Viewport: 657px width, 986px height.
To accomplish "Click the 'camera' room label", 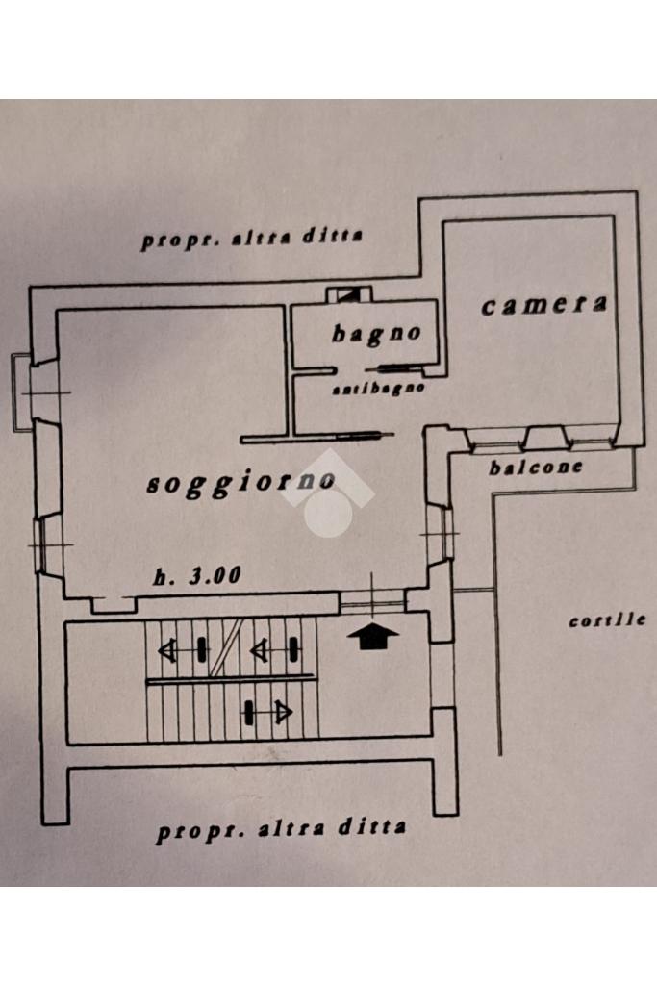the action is pyautogui.click(x=543, y=305).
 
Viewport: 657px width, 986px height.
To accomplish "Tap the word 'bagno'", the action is pyautogui.click(x=376, y=333).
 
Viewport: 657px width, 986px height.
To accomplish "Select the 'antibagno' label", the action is pyautogui.click(x=378, y=389).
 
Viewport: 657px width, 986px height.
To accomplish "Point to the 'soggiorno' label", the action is pyautogui.click(x=240, y=483).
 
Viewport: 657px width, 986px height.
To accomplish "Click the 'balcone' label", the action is pyautogui.click(x=536, y=468).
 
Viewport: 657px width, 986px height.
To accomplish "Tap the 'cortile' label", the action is pyautogui.click(x=607, y=620).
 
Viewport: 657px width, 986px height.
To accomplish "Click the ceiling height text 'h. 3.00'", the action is pyautogui.click(x=197, y=575).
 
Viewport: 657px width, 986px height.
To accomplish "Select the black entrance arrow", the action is pyautogui.click(x=373, y=636).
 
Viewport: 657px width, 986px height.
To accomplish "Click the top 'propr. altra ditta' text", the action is pyautogui.click(x=251, y=239).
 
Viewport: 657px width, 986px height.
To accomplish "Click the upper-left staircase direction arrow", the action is pyautogui.click(x=183, y=650).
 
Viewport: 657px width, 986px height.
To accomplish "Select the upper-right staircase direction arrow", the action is pyautogui.click(x=275, y=649).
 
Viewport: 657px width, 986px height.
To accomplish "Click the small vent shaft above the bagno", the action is pyautogui.click(x=349, y=293).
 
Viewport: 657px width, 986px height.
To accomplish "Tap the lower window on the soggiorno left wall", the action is pyautogui.click(x=49, y=544).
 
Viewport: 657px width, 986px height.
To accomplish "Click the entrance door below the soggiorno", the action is pyautogui.click(x=373, y=601).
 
